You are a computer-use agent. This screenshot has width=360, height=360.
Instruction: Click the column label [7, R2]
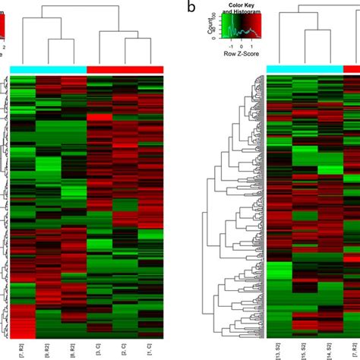(23, 349)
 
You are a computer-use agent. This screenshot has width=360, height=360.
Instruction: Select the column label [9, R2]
(49, 349)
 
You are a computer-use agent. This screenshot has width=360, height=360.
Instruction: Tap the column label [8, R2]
(74, 349)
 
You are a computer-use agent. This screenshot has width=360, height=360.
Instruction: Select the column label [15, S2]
(305, 349)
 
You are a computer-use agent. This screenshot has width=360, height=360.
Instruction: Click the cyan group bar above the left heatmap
(49, 69)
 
